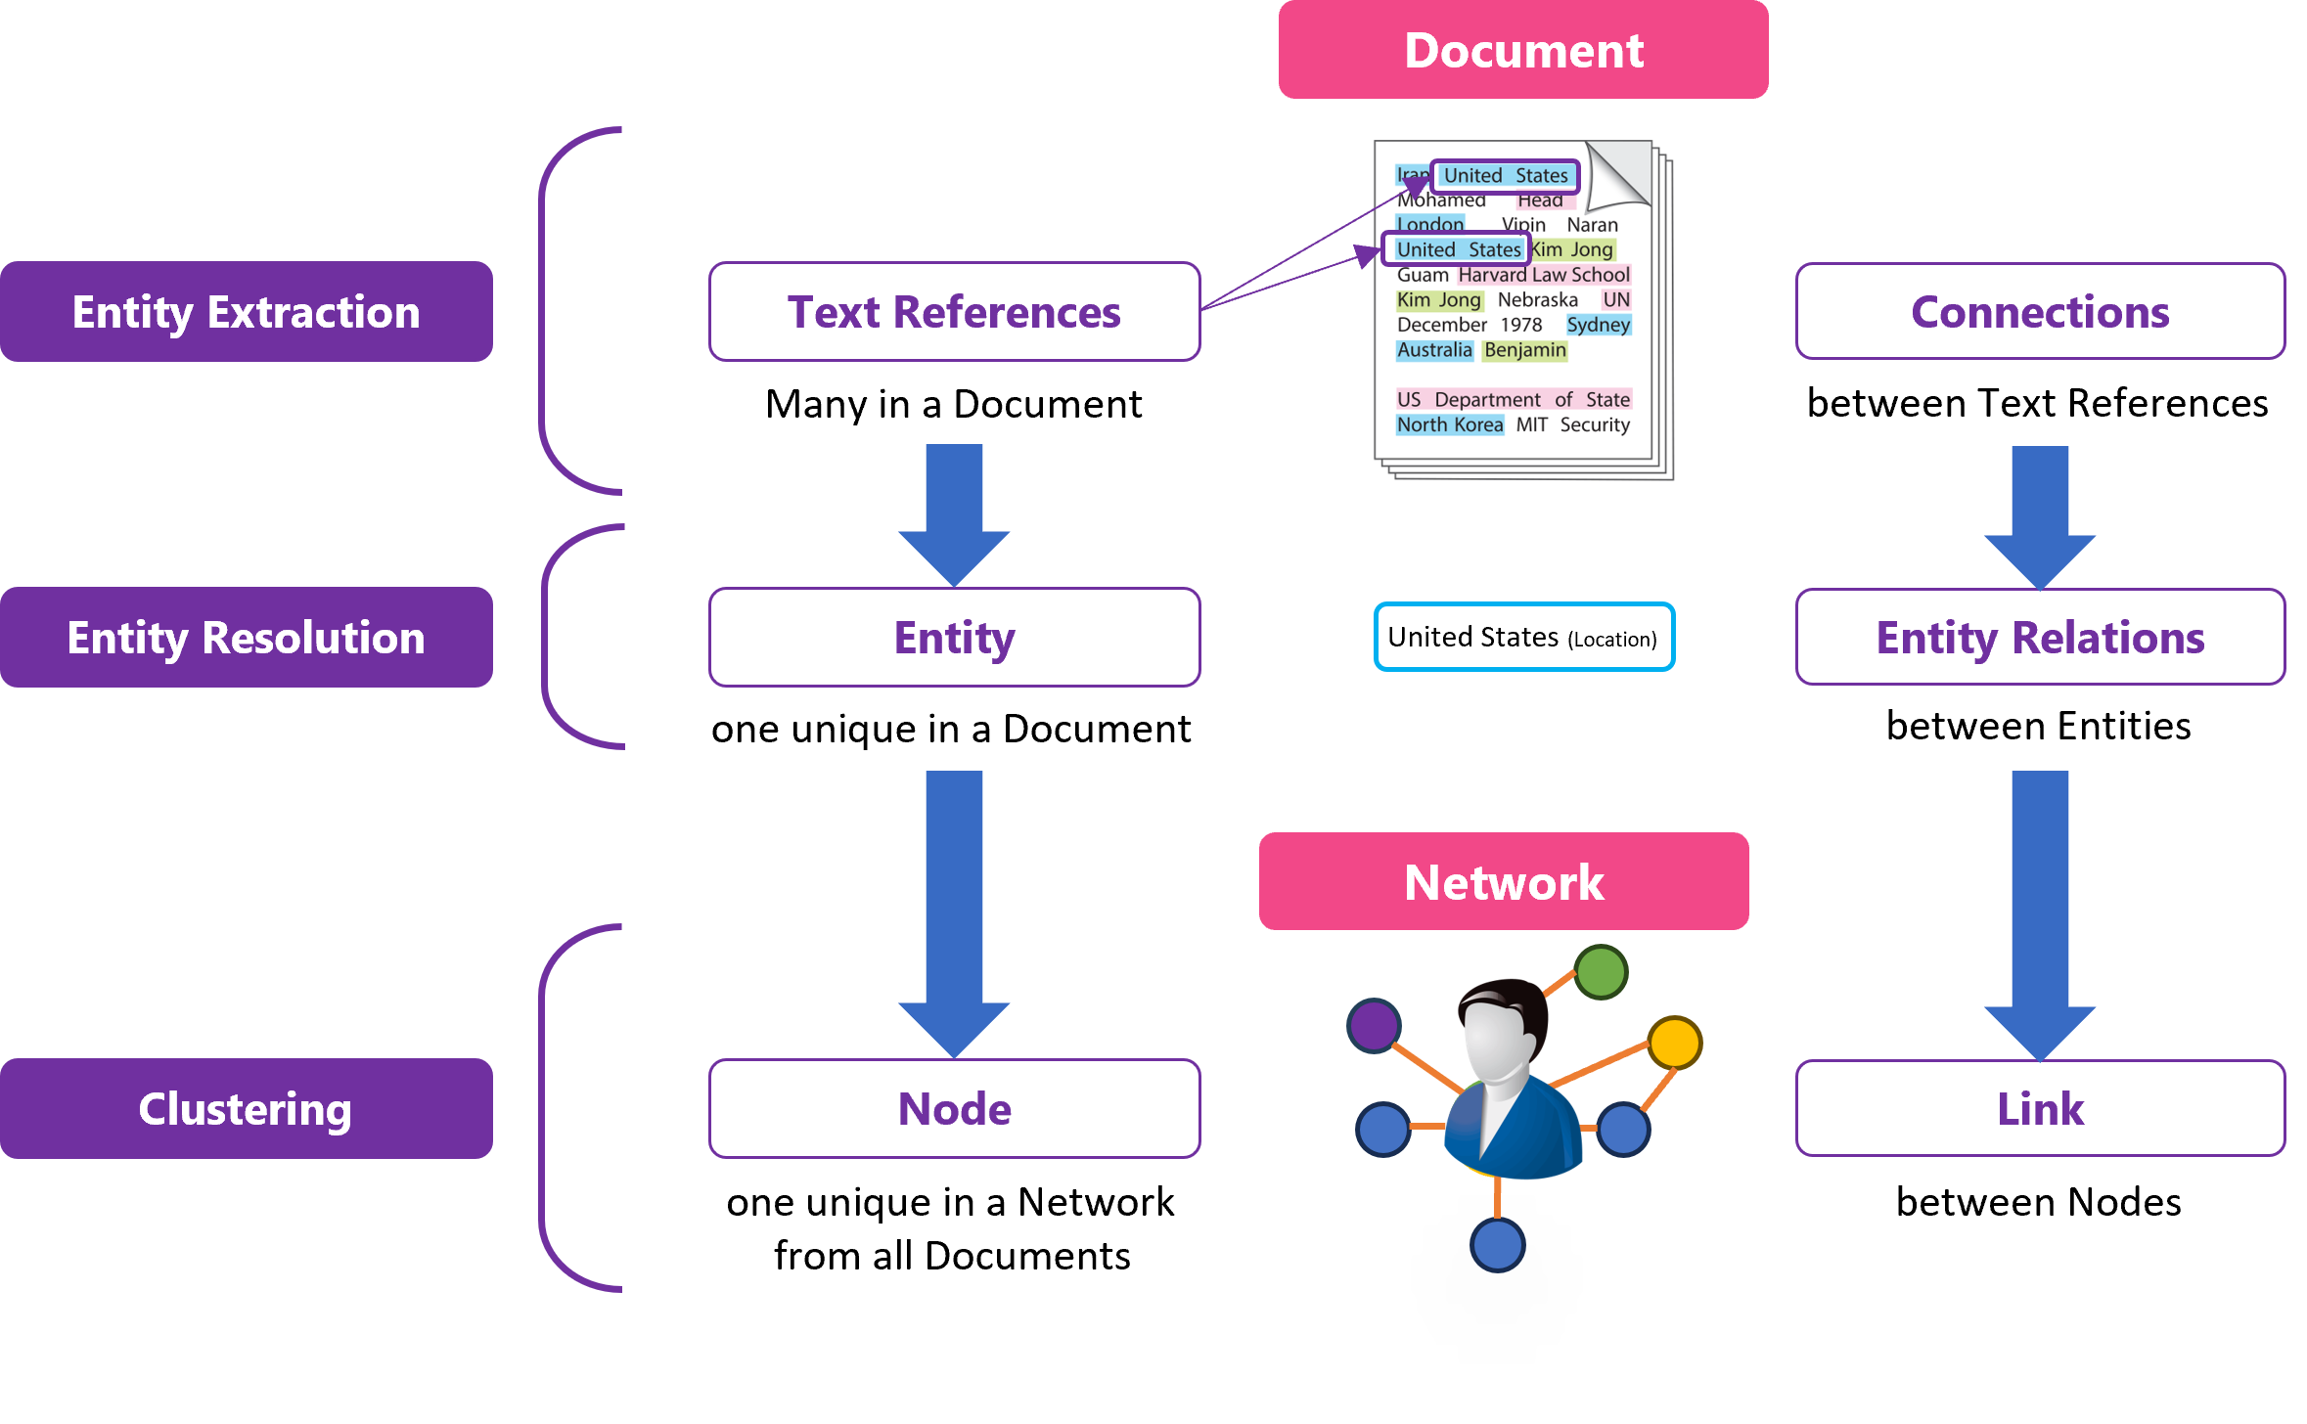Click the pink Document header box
pos(1522,50)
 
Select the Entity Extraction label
pos(246,312)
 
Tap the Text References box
pos(954,312)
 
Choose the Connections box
pos(2040,312)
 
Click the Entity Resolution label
pos(246,638)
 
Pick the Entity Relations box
pos(2040,638)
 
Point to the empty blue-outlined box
pos(1524,637)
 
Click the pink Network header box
pos(1504,881)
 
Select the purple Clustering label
pos(246,1108)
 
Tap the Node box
pos(954,1108)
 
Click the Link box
pos(2040,1108)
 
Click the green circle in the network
pos(1602,972)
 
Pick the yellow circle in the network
pos(1675,1043)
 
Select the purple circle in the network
pos(1375,1026)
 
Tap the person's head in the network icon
pos(1499,1027)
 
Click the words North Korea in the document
pos(1449,424)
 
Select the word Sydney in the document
pos(1598,325)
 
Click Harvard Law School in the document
pos(1544,275)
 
